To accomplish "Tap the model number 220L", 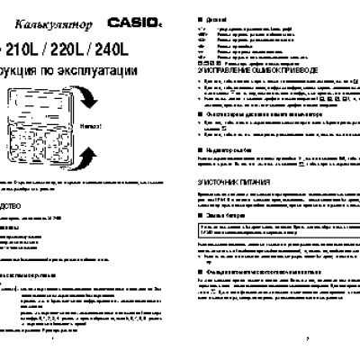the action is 81,41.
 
